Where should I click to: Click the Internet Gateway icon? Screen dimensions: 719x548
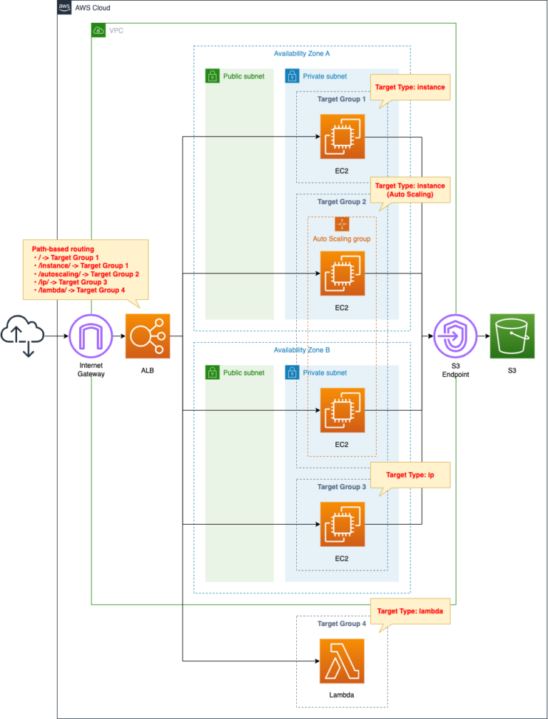point(91,336)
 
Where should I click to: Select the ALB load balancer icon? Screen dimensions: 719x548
point(148,336)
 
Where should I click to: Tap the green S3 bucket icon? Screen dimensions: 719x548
point(512,336)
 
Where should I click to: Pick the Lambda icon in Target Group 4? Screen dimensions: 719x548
point(342,661)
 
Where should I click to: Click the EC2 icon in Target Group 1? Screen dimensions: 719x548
point(342,136)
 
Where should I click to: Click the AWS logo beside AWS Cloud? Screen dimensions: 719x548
point(65,7)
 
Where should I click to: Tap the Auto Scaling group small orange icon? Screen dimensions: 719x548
point(342,223)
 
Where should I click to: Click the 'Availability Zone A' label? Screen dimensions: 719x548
point(302,54)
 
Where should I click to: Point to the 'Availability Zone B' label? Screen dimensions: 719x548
point(302,351)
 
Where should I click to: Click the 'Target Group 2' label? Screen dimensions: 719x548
point(342,202)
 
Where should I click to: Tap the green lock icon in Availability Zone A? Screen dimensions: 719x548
point(212,76)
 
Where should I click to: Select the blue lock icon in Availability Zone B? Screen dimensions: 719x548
point(292,373)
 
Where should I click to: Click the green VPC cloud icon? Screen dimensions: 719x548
point(99,31)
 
